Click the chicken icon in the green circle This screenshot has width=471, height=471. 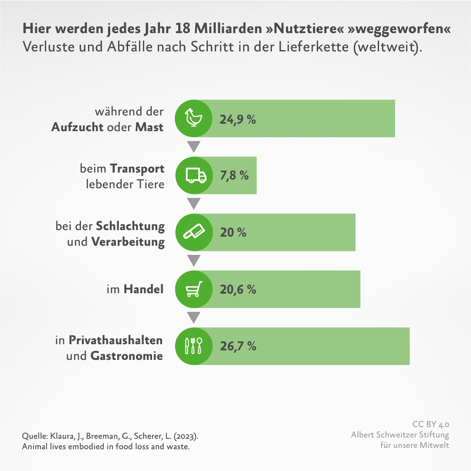point(193,119)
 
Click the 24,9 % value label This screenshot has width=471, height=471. point(237,119)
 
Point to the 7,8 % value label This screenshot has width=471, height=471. point(234,176)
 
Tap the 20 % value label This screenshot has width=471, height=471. point(233,233)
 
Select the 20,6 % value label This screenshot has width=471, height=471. point(238,289)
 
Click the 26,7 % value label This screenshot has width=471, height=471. point(238,346)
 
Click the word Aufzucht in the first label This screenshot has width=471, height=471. point(77,127)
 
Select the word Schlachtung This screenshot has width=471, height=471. point(130,227)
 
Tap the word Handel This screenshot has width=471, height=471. point(144,289)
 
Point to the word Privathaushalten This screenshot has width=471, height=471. point(116,340)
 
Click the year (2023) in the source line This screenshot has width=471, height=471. point(188,436)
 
